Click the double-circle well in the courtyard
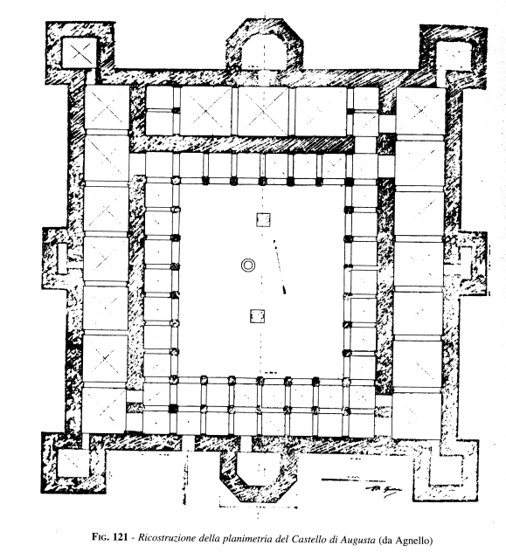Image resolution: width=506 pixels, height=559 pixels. [248, 266]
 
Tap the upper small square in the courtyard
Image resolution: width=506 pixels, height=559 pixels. [263, 219]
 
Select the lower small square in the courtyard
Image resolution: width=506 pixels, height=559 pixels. [257, 316]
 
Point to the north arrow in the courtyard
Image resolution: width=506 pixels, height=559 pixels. [280, 266]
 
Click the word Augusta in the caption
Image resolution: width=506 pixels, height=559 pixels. [358, 540]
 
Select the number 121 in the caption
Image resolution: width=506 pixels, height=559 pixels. [121, 537]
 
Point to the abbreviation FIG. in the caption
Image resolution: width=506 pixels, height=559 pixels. [101, 537]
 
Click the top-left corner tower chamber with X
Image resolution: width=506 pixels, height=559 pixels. [80, 52]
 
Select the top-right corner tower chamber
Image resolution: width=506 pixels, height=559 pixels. [454, 56]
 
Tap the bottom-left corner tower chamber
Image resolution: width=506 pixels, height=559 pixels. [74, 463]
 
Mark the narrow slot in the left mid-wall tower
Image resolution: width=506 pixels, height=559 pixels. [62, 259]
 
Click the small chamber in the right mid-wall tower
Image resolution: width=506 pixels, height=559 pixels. [465, 263]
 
